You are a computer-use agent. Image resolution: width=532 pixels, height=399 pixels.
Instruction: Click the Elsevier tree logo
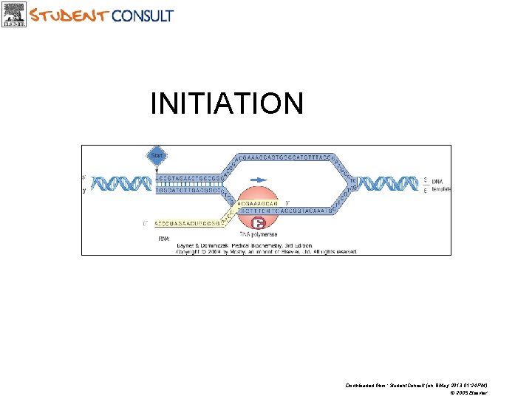coord(15,14)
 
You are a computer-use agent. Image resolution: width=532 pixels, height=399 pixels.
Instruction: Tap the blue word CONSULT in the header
coord(142,15)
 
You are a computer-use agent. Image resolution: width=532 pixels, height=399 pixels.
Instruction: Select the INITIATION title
coord(226,103)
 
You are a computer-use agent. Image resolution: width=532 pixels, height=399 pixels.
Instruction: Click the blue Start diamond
coord(157,156)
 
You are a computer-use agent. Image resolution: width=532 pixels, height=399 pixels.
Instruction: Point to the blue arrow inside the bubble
coord(259,179)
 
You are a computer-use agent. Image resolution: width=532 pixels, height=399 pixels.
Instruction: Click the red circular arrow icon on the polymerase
coord(258,222)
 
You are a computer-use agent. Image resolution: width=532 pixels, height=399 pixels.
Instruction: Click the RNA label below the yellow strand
coord(163,239)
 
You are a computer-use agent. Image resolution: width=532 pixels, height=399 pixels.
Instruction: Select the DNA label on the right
coord(438,181)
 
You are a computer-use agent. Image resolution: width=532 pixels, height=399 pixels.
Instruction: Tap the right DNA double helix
coord(387,184)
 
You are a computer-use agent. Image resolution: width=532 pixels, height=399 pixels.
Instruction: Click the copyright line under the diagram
coord(266,251)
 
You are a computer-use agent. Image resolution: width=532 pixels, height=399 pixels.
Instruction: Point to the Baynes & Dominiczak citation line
coord(244,245)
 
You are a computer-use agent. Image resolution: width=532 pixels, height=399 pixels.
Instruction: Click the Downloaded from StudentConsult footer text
coord(416,385)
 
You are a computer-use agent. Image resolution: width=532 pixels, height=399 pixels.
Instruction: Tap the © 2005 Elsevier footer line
coord(468,392)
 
